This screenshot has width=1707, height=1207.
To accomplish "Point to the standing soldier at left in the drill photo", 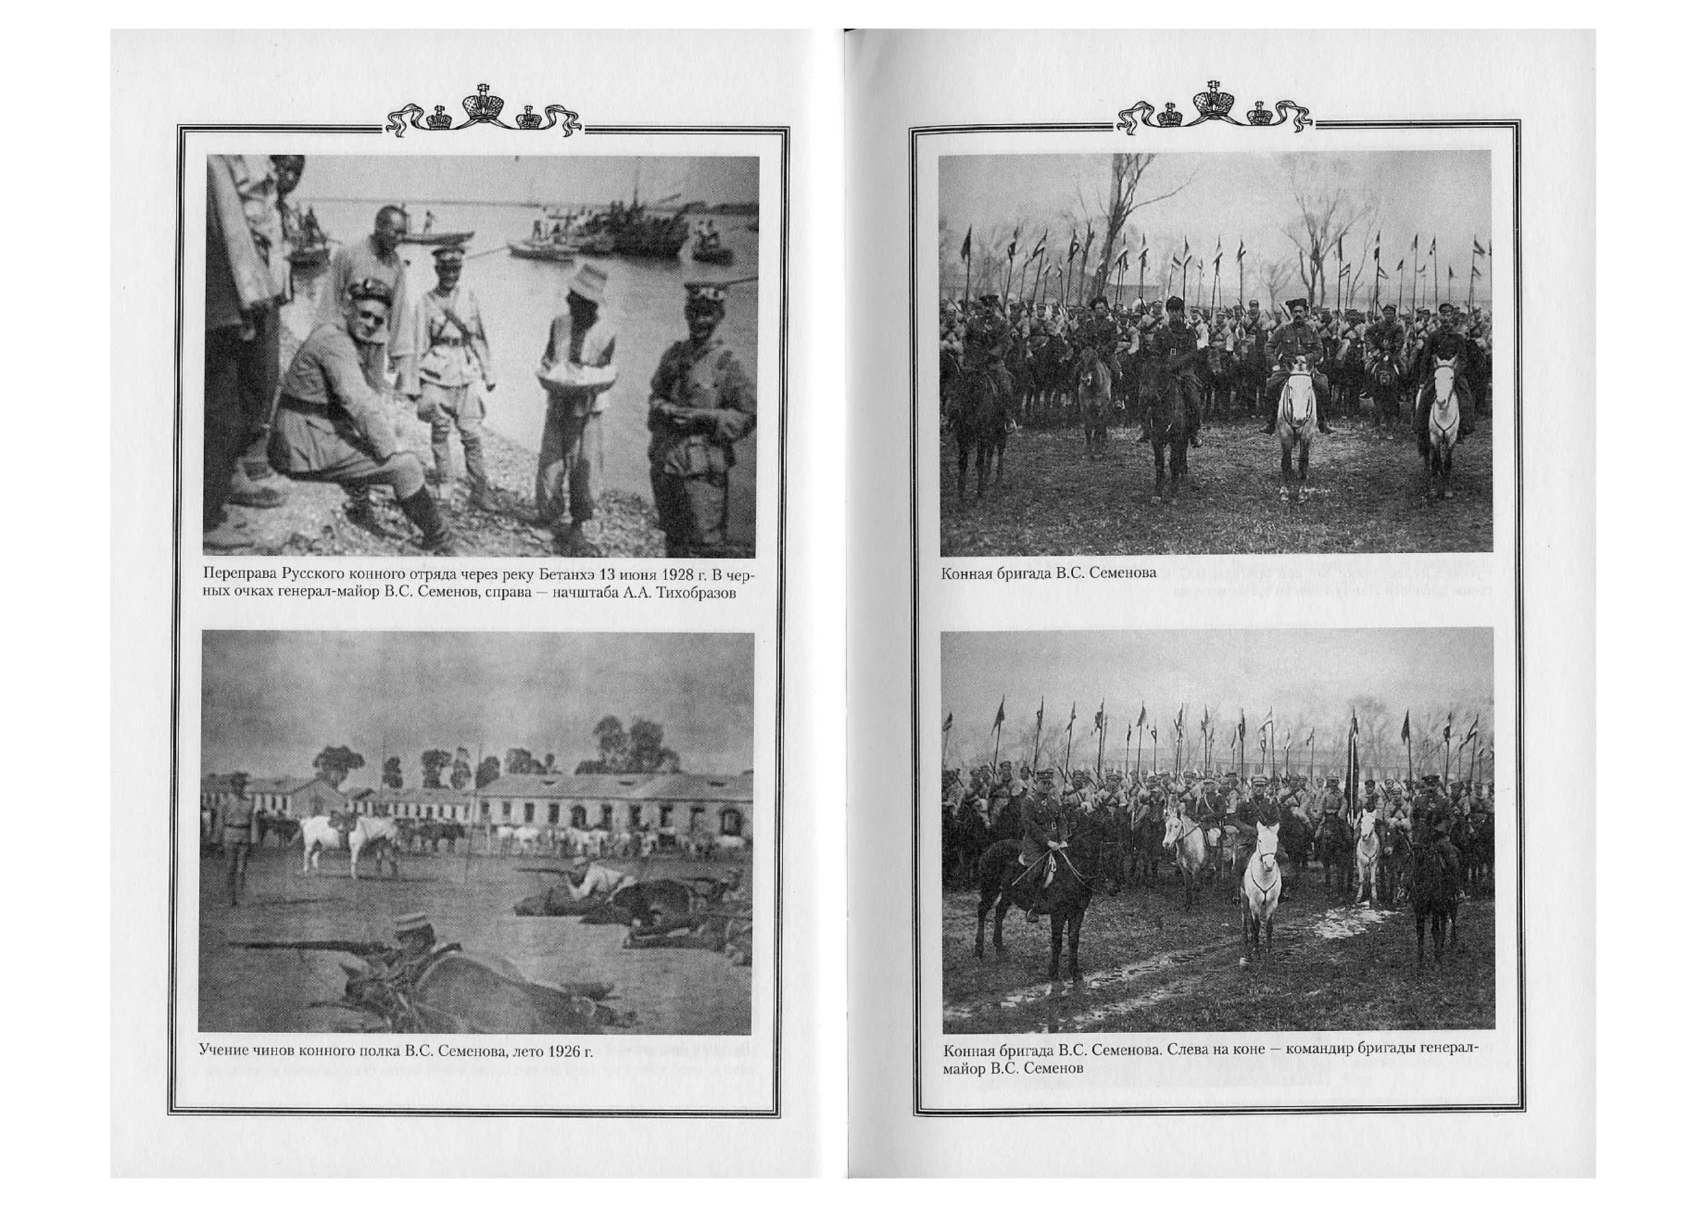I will click(235, 840).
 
